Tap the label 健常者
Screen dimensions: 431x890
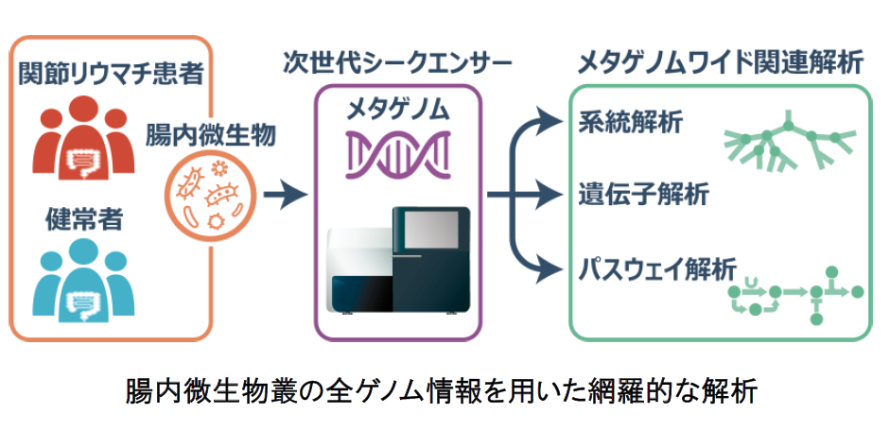(83, 221)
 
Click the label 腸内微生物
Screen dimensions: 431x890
(209, 136)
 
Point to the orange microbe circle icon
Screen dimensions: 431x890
(210, 197)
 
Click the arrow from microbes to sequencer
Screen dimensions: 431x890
(286, 197)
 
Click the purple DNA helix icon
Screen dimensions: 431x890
(397, 152)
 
